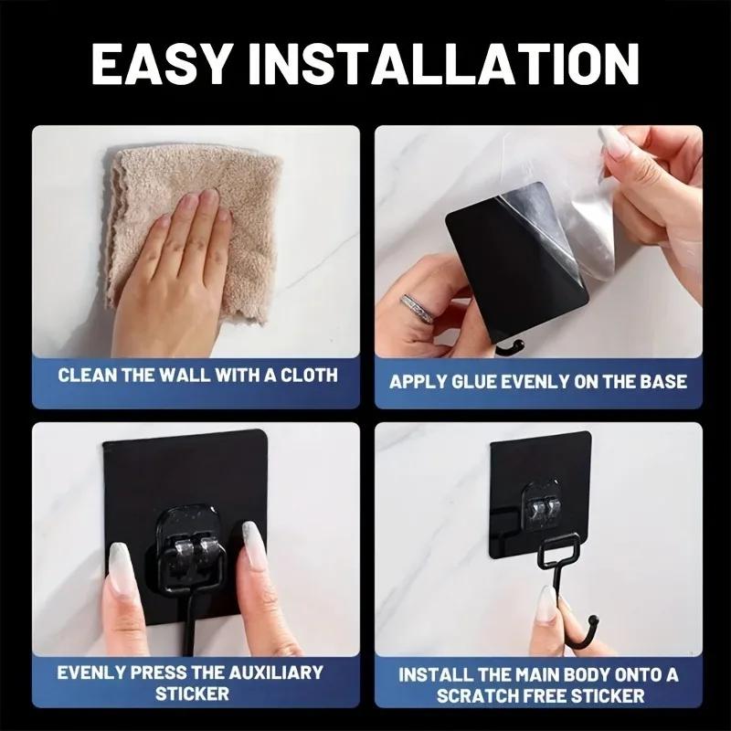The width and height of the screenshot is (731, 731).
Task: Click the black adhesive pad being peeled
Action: coord(498,265)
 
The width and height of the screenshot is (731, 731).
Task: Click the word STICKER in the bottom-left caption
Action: coord(191,694)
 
